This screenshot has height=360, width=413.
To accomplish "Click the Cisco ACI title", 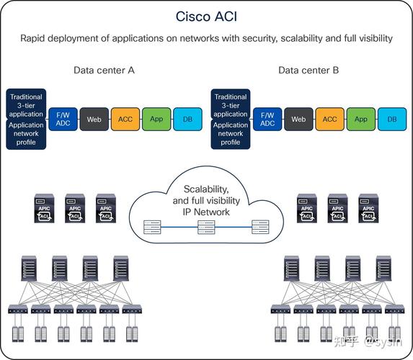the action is pos(206,17).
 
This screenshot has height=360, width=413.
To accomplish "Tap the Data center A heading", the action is pos(104,71).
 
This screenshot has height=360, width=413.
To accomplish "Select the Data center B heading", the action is pos(308,71).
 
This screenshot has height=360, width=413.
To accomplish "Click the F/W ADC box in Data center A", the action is pos(63,120).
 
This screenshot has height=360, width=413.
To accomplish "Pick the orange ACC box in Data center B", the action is pos(330,120).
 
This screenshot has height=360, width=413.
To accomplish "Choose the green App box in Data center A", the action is pos(156,120).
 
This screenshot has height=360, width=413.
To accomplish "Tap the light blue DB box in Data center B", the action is pos(392,120).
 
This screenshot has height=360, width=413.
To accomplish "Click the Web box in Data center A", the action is pos(94,120).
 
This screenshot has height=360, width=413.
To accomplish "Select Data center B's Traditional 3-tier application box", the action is pos(231,104).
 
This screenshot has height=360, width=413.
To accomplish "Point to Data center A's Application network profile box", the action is pos(26,134).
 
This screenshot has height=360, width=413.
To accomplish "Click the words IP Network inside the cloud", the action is pos(206,212).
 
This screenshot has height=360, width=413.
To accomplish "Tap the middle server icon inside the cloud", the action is pos(206,228).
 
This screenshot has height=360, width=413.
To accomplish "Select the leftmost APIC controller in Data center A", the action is pos(44,208).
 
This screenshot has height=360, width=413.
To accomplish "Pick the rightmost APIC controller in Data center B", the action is pos(368,208).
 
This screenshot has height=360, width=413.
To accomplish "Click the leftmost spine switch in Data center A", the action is pos(29,268).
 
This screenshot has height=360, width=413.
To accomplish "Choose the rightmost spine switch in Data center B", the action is pos(383,268).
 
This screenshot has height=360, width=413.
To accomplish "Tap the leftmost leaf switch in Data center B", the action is pos(280,309).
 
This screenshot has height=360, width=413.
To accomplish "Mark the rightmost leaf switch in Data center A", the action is pos(132,309).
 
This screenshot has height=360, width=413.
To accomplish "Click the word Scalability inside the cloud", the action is pos(206,189).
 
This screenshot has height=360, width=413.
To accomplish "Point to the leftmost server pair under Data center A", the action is pos(18,334).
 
